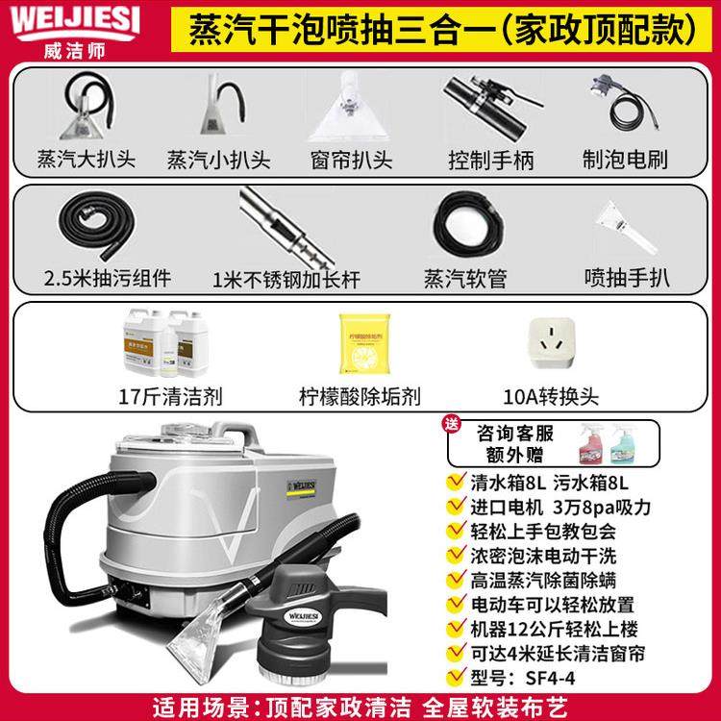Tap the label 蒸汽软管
[464, 279]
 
